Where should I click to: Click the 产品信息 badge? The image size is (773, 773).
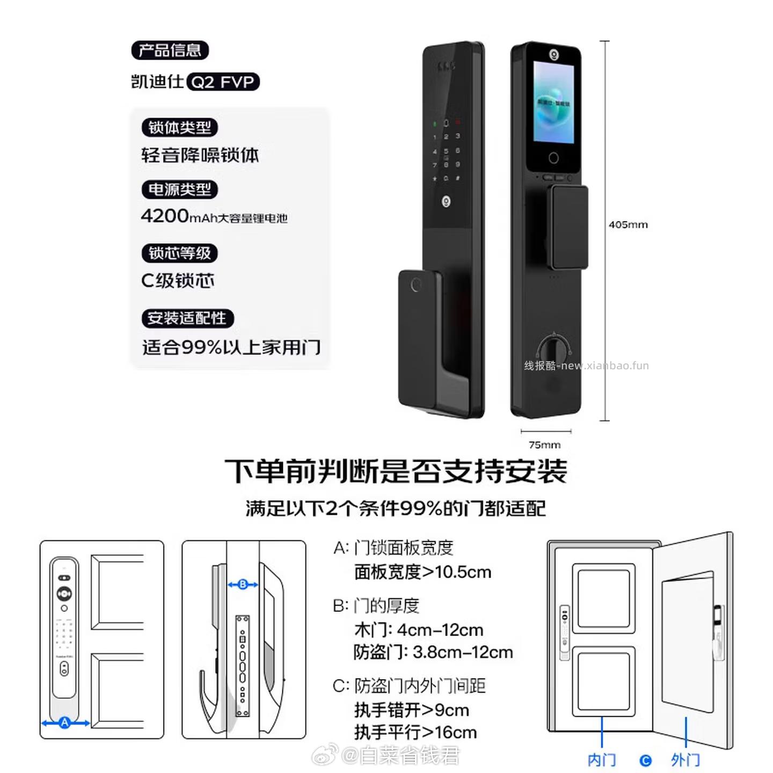point(170,50)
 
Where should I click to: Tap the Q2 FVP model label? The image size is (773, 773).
point(223,82)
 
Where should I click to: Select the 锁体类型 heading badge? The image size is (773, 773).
point(179,128)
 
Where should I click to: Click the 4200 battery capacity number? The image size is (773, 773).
point(164,216)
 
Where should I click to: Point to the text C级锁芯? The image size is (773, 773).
point(178,281)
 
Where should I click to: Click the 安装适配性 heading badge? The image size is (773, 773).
point(187,318)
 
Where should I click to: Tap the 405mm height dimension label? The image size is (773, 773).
point(628,225)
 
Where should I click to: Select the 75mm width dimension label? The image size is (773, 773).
point(544,445)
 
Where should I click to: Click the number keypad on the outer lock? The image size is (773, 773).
point(446,151)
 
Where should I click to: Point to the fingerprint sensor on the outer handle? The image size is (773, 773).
point(415,285)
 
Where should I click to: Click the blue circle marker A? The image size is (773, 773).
point(65,723)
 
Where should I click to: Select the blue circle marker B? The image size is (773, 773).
point(243,584)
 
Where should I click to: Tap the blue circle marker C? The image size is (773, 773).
point(646,761)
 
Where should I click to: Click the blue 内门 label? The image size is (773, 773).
point(601,760)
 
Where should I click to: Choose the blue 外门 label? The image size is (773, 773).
point(686,760)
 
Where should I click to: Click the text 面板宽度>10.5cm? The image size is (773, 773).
point(422,572)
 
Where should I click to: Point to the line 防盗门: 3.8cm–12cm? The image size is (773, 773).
point(433,652)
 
